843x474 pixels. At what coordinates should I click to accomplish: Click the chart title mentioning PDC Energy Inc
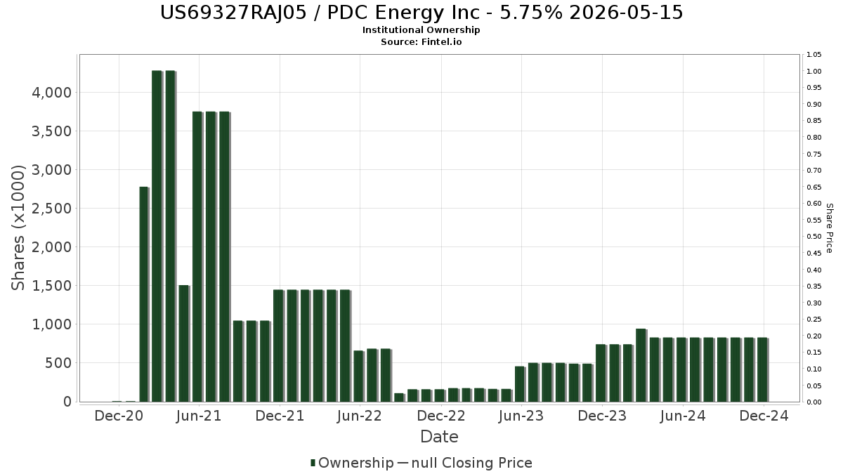(421, 13)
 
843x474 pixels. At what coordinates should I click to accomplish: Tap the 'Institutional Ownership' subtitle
(421, 30)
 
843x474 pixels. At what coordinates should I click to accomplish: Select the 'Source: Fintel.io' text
(421, 42)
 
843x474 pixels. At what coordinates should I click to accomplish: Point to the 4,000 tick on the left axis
(51, 93)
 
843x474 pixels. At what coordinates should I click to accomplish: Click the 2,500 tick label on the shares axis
(51, 209)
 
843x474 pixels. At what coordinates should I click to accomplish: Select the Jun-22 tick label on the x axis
(360, 416)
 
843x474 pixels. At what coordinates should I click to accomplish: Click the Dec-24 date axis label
(764, 416)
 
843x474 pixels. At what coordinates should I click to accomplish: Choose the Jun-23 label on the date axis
(521, 416)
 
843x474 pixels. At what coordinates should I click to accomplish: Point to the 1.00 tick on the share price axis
(814, 72)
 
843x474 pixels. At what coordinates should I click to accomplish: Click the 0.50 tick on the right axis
(814, 237)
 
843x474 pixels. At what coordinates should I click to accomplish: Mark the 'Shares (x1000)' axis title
(19, 228)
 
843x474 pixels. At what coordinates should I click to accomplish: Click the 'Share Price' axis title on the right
(829, 228)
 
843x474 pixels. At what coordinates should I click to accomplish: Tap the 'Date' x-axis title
(439, 437)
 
